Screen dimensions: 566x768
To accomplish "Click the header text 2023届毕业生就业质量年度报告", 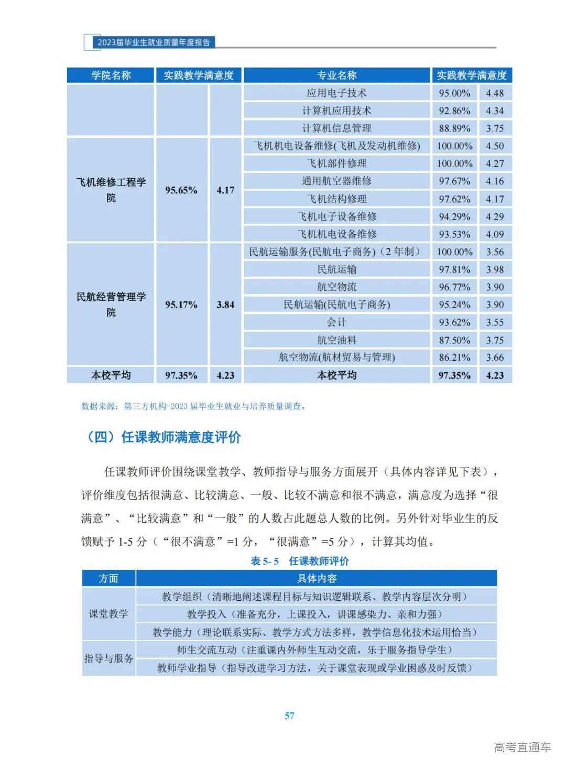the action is tap(154, 42).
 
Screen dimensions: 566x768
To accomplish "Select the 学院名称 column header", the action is tap(111, 75).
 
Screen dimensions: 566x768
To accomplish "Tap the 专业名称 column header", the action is tap(336, 75).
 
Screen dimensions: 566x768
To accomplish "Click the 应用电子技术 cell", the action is tap(336, 93).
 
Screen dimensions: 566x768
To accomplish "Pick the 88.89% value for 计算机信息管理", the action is tap(454, 128).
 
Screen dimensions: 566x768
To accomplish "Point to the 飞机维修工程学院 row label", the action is tap(111, 190).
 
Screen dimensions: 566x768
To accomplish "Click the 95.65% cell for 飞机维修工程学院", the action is tap(181, 190).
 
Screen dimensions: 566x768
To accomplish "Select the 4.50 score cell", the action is tap(495, 146).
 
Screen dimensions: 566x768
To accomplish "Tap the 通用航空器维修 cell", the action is tap(336, 181).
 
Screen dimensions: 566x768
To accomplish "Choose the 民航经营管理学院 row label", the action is tap(111, 305).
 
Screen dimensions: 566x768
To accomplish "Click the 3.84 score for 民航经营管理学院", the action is tap(225, 305).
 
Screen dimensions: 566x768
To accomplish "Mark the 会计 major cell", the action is tap(336, 322).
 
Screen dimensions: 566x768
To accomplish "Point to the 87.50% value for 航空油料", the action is tap(454, 340).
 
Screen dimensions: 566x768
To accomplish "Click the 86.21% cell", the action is tap(454, 358).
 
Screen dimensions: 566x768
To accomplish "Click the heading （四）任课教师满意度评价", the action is tap(163, 437).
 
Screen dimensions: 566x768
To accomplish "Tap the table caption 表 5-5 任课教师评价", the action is tap(300, 561).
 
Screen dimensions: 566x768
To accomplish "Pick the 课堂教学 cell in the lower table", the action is tap(108, 614).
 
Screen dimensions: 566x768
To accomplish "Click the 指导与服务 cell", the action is tap(108, 658).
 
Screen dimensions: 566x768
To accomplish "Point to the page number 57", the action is tap(289, 716).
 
